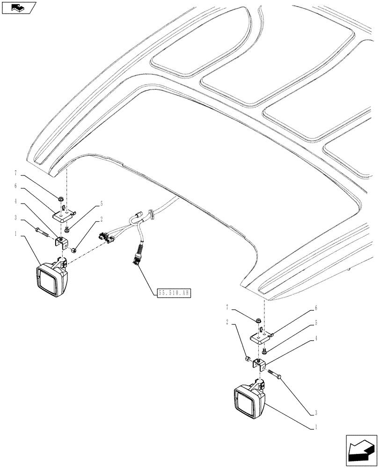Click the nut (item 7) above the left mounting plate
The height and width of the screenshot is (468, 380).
[x=61, y=199]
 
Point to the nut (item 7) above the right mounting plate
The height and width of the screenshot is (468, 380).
[x=258, y=321]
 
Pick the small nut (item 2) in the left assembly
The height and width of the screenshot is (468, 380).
[x=74, y=250]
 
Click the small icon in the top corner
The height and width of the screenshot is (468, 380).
[x=18, y=7]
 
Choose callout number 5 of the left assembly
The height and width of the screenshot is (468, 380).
[x=100, y=204]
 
